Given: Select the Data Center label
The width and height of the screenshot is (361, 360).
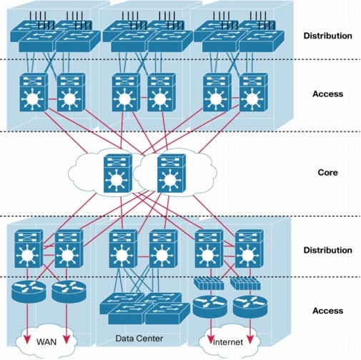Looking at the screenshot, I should click(x=139, y=336).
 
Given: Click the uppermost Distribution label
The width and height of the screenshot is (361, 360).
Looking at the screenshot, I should click(x=327, y=36).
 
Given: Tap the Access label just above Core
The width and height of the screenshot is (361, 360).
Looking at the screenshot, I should click(x=327, y=94).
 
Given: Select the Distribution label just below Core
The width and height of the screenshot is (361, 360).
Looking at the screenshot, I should click(x=327, y=251).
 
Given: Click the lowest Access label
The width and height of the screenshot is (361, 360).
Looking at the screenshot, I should click(x=327, y=311).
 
